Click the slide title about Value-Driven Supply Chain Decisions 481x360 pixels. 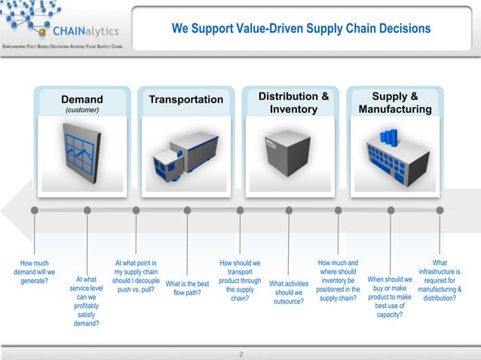pos(301,29)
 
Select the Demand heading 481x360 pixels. pos(82,99)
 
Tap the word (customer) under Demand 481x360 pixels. pos(82,110)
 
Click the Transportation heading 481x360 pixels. pos(186,99)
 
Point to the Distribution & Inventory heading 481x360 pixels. pos(293,103)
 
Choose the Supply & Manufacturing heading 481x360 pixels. pos(395,103)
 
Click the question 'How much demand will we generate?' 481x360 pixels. pos(34,272)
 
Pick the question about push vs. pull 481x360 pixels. pos(135,276)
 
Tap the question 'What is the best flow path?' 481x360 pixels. pos(186,288)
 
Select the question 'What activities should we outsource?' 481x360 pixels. pos(289,293)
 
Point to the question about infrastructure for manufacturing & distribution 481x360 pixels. pos(440,280)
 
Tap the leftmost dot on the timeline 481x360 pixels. pos(34,210)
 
